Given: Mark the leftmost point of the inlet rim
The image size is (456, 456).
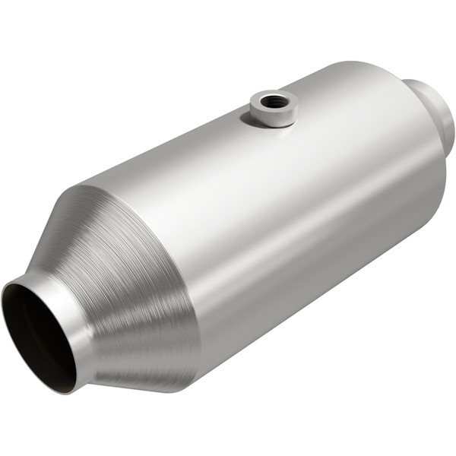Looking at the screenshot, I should pos(3,319).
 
